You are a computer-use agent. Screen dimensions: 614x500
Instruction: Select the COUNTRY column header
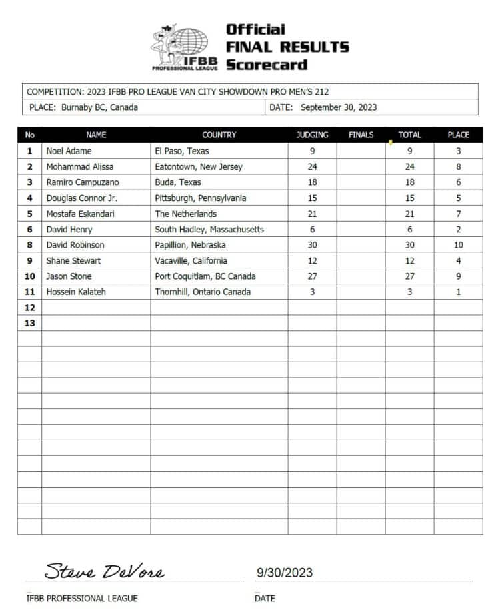tap(219, 135)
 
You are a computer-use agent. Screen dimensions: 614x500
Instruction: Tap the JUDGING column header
tap(312, 135)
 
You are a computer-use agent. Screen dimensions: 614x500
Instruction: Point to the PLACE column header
tap(458, 135)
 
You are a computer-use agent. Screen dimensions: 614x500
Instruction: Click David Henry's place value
tap(458, 229)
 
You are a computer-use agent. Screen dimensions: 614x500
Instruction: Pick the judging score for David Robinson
tap(312, 245)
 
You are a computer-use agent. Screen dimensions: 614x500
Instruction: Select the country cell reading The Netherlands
tap(185, 214)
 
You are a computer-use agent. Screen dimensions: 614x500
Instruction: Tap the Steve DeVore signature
tap(104, 571)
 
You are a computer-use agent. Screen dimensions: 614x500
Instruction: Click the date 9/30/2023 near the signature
tap(284, 573)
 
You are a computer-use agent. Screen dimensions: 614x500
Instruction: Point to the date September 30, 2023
tap(339, 107)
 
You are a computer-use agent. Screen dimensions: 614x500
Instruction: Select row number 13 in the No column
tap(29, 323)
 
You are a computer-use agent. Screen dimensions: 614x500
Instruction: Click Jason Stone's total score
tap(409, 276)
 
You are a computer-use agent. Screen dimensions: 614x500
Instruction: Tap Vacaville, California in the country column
tap(191, 260)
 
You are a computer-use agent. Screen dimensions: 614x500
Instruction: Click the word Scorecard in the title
tap(267, 65)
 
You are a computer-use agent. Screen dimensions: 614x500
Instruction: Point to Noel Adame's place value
tap(458, 151)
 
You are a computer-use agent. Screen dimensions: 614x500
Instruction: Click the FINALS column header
tap(361, 135)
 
